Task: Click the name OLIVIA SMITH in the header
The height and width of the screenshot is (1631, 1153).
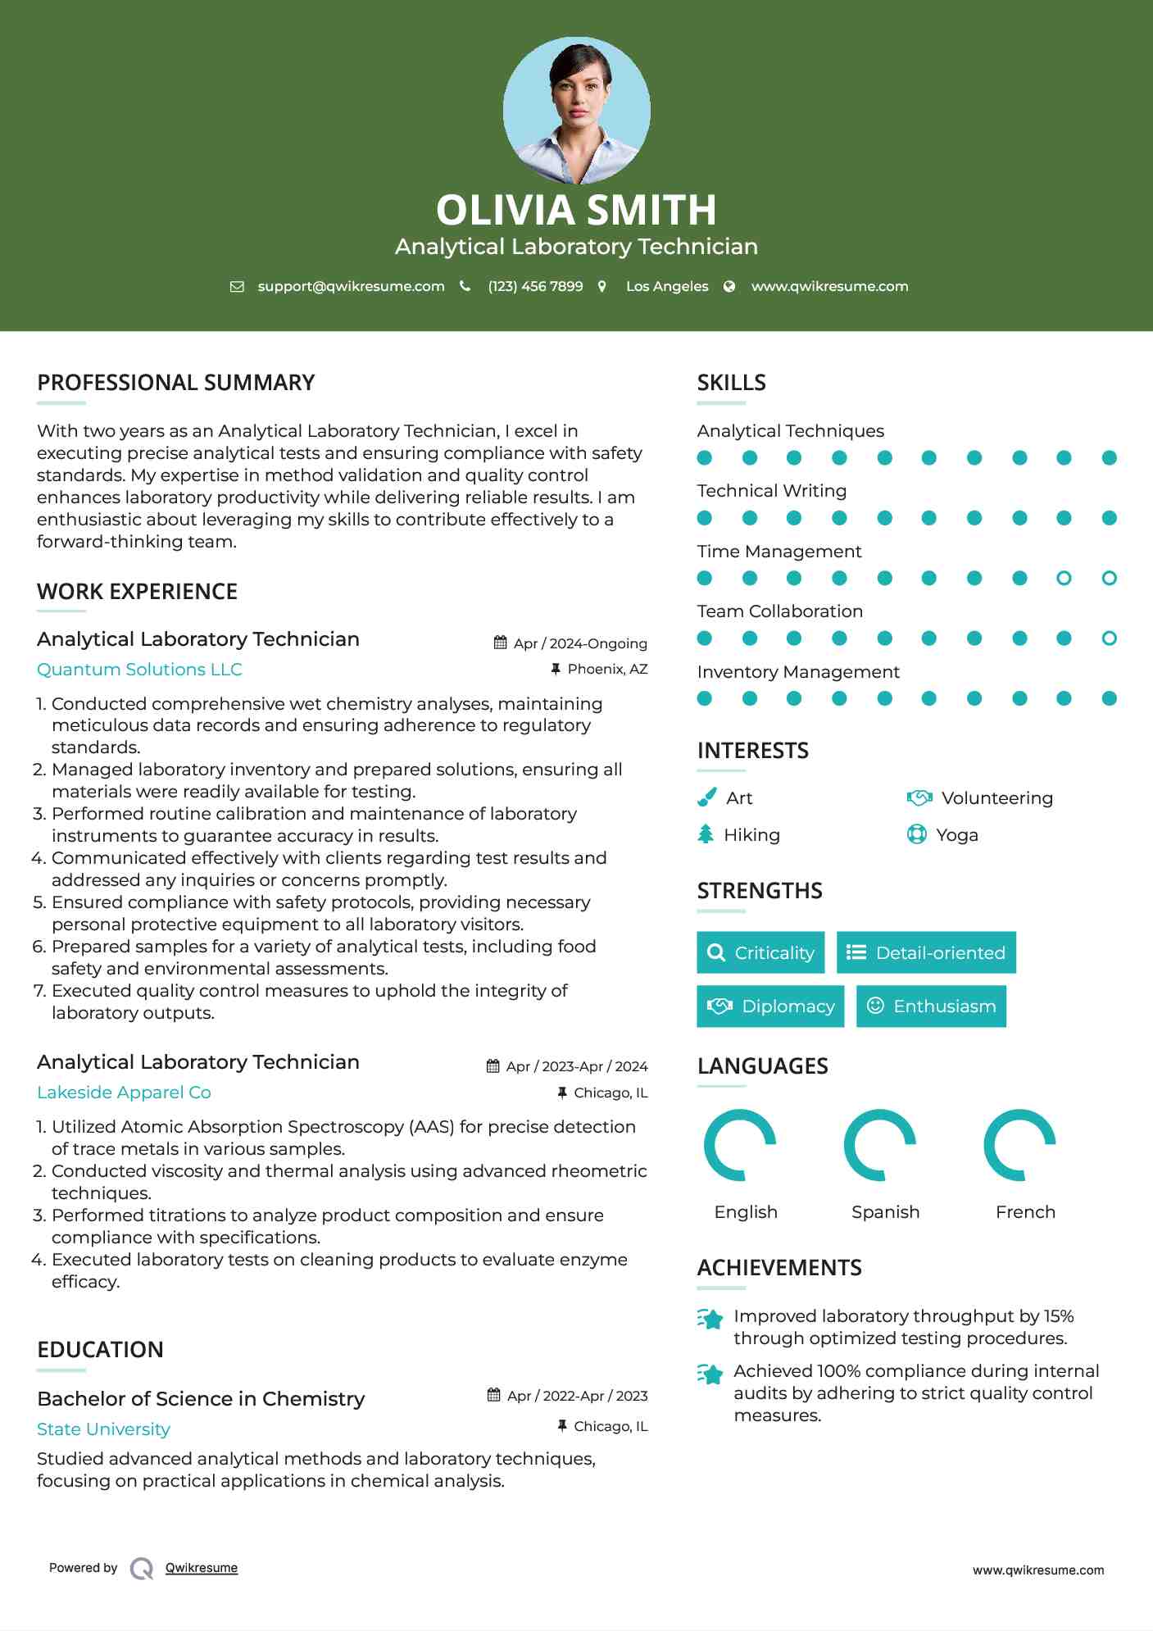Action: pyautogui.click(x=576, y=210)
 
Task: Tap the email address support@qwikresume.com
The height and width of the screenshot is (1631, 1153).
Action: pyautogui.click(x=351, y=287)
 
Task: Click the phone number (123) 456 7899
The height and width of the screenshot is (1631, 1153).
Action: pyautogui.click(x=535, y=287)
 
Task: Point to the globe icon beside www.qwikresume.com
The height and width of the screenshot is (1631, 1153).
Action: pyautogui.click(x=729, y=287)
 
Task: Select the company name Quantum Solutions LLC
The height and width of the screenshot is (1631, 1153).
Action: pyautogui.click(x=139, y=670)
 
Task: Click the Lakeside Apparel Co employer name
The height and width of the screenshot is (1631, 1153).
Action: pyautogui.click(x=124, y=1093)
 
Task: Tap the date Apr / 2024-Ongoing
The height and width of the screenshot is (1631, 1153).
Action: pyautogui.click(x=579, y=643)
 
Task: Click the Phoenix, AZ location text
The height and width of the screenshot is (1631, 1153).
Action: pyautogui.click(x=607, y=670)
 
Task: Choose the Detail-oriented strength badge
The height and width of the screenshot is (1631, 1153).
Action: pyautogui.click(x=926, y=952)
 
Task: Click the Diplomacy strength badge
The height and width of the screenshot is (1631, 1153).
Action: pyautogui.click(x=770, y=1006)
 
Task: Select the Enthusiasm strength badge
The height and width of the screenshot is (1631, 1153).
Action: pyautogui.click(x=931, y=1006)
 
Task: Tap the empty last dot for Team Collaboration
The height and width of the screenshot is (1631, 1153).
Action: pyautogui.click(x=1109, y=638)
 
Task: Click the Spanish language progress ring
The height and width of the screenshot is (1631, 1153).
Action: pyautogui.click(x=880, y=1145)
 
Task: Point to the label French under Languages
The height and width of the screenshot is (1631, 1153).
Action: pyautogui.click(x=1025, y=1212)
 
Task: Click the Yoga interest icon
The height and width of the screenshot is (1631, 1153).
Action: pyautogui.click(x=917, y=834)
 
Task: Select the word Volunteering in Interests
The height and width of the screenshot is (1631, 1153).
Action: pyautogui.click(x=996, y=798)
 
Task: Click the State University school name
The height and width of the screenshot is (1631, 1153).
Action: pyautogui.click(x=103, y=1429)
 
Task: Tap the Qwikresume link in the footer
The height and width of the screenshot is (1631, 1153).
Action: pyautogui.click(x=202, y=1568)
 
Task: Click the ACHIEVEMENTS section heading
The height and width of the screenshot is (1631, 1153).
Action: pyautogui.click(x=779, y=1268)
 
